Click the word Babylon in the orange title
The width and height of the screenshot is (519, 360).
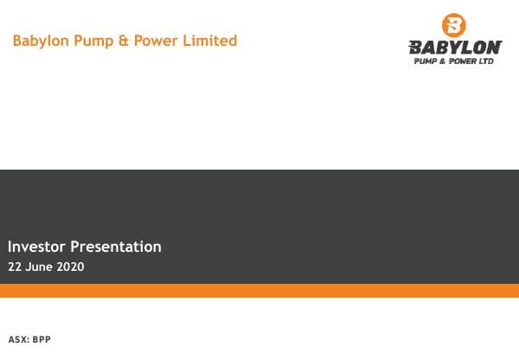[41, 41]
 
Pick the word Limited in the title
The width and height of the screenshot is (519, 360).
[208, 41]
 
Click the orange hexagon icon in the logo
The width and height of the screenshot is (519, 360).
[453, 25]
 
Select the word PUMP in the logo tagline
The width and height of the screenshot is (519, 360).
[426, 61]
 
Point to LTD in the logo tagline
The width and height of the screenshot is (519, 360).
[486, 61]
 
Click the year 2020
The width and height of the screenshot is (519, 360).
[71, 267]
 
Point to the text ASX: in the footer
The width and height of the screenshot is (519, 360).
[18, 339]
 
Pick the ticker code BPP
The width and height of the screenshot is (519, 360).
[42, 339]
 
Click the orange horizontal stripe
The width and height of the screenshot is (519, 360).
[259, 291]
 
